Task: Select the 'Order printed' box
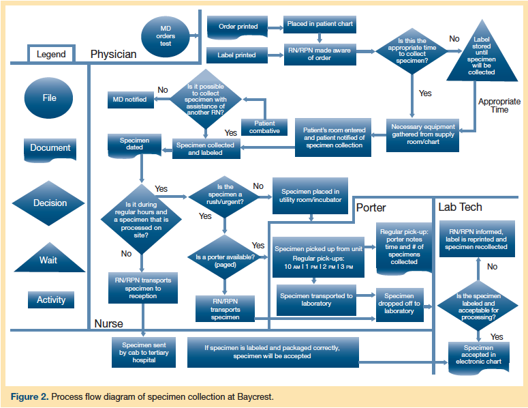point(238,27)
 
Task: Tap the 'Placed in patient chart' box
point(320,25)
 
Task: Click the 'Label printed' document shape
point(236,55)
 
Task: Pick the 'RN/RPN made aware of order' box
point(320,55)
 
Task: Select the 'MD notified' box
point(129,100)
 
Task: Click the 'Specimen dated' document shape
point(134,145)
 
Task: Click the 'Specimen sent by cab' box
point(144,351)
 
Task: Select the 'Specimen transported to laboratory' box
point(316,300)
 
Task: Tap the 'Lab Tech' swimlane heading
point(460,207)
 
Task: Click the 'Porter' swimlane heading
point(371,207)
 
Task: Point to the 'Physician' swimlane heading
point(114,54)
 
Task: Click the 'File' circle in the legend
point(49,98)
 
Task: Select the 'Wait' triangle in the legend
point(48,257)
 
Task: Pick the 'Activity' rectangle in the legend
point(51,300)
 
